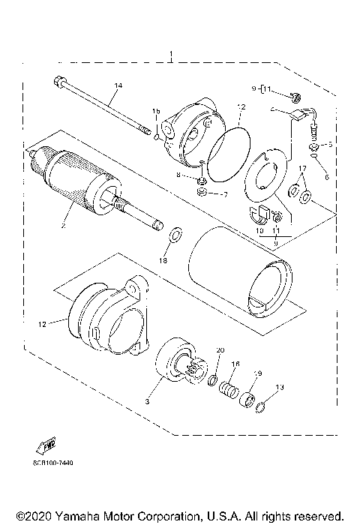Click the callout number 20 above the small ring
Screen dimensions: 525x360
point(220,351)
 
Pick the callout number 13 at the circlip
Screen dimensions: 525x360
point(280,388)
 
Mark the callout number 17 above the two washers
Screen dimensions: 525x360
point(302,169)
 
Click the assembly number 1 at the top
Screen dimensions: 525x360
point(172,55)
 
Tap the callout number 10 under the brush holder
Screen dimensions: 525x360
point(259,232)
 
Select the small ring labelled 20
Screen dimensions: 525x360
point(214,379)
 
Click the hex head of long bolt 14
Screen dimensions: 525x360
point(58,80)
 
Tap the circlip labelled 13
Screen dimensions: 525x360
point(262,408)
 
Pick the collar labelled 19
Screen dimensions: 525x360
point(247,398)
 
